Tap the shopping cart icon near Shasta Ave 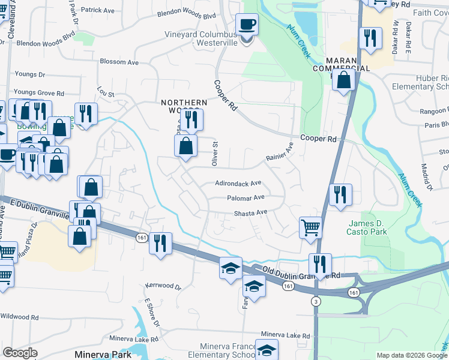coord(310,227)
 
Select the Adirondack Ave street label coord(239,184)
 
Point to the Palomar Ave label coord(246,198)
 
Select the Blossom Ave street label coord(119,62)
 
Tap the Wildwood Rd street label coord(20,316)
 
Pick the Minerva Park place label coord(103,355)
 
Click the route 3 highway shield coord(315,301)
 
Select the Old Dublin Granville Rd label coord(297,274)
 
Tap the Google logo coord(20,353)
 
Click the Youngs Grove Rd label coord(39,93)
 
